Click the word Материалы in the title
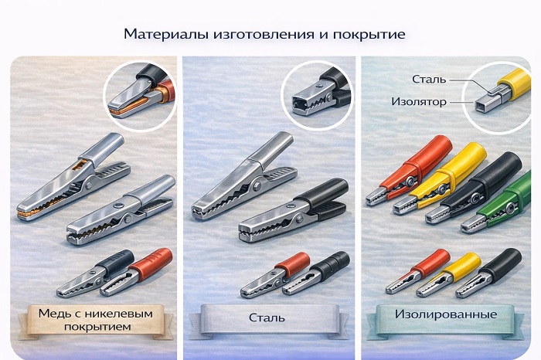[166, 35]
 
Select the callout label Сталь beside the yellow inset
[429, 80]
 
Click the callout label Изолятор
[419, 102]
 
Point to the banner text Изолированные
[446, 314]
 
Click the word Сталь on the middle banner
[267, 318]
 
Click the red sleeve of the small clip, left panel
[151, 263]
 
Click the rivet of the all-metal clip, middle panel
[257, 186]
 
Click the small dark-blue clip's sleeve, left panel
[116, 263]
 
